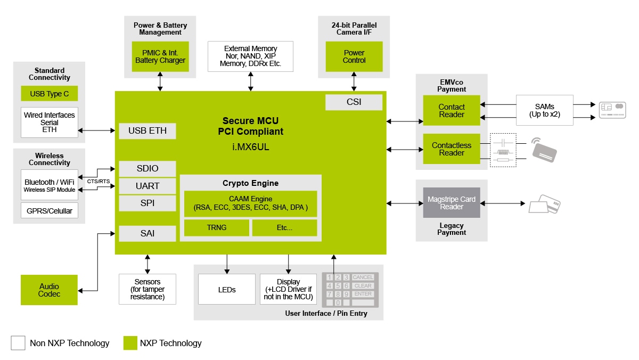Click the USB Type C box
49,94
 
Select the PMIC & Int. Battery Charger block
160,56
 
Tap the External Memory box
250,56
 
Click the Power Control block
354,56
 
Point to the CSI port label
354,102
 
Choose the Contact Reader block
452,111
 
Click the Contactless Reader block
452,149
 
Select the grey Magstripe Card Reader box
452,203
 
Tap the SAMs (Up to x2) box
544,111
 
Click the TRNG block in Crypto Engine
217,228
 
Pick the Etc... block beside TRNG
284,228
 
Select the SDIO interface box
148,169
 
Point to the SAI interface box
148,234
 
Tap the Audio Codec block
49,290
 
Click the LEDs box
227,290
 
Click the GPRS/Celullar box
49,210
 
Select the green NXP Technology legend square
130,343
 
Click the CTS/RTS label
99,182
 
